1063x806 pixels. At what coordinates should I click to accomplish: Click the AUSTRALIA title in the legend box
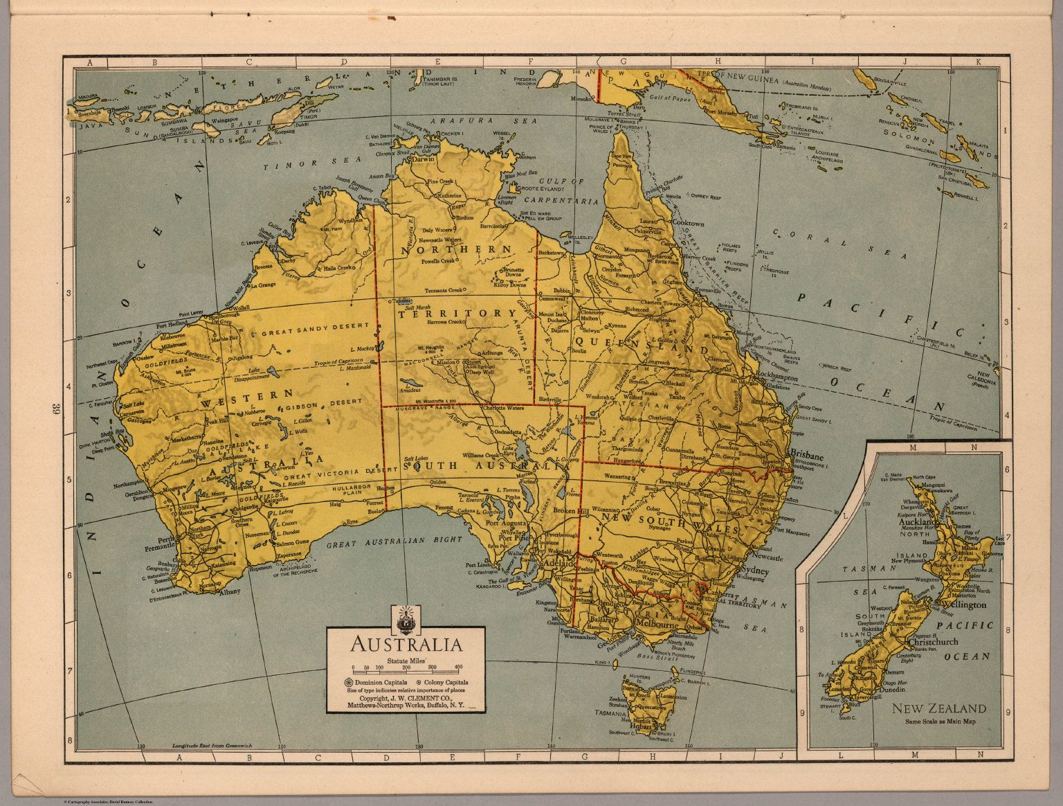tap(406, 645)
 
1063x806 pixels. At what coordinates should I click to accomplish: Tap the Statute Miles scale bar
tap(405, 671)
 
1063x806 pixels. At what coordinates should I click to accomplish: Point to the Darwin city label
tap(420, 159)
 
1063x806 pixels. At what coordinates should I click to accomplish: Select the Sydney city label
tap(754, 570)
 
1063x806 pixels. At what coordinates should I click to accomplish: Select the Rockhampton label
tap(777, 379)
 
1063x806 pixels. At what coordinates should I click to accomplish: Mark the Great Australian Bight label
tap(394, 543)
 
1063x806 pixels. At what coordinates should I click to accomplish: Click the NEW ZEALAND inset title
tap(938, 708)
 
